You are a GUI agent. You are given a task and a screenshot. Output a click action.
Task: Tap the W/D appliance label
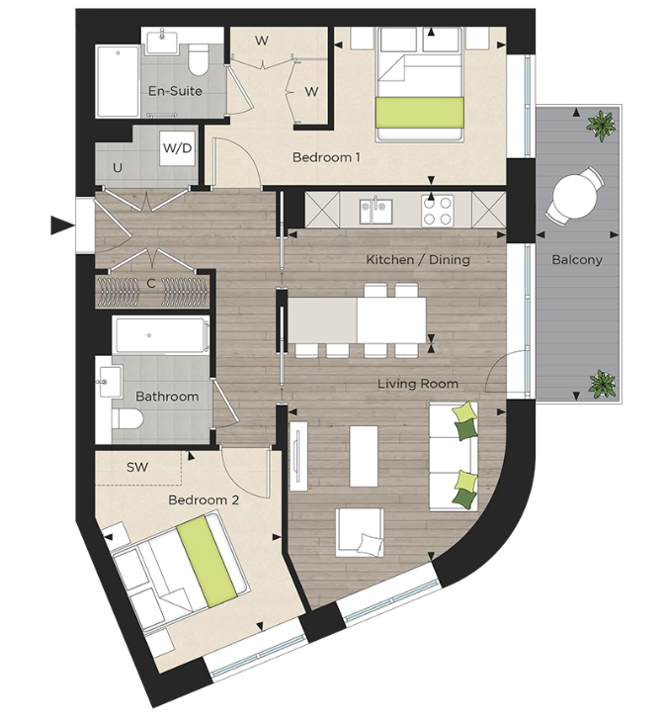tap(177, 148)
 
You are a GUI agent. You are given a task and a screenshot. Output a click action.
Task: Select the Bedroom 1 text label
tap(326, 157)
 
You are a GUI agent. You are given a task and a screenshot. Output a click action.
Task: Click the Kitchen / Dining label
tap(418, 260)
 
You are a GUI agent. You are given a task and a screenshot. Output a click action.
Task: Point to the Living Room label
tap(418, 383)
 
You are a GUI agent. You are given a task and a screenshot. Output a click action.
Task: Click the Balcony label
tap(578, 260)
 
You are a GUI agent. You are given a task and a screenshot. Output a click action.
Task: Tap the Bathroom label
tap(167, 397)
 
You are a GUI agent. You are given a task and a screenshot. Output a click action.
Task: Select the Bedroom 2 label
tap(204, 500)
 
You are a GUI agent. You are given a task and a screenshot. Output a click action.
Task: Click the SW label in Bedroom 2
tap(137, 466)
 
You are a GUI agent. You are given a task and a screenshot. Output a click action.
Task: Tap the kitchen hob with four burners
tap(438, 211)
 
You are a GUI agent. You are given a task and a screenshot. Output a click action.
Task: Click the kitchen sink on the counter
tap(375, 210)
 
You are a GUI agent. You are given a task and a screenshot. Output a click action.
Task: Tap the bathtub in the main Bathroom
tap(160, 336)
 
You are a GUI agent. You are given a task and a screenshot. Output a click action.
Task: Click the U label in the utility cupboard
tap(118, 168)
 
